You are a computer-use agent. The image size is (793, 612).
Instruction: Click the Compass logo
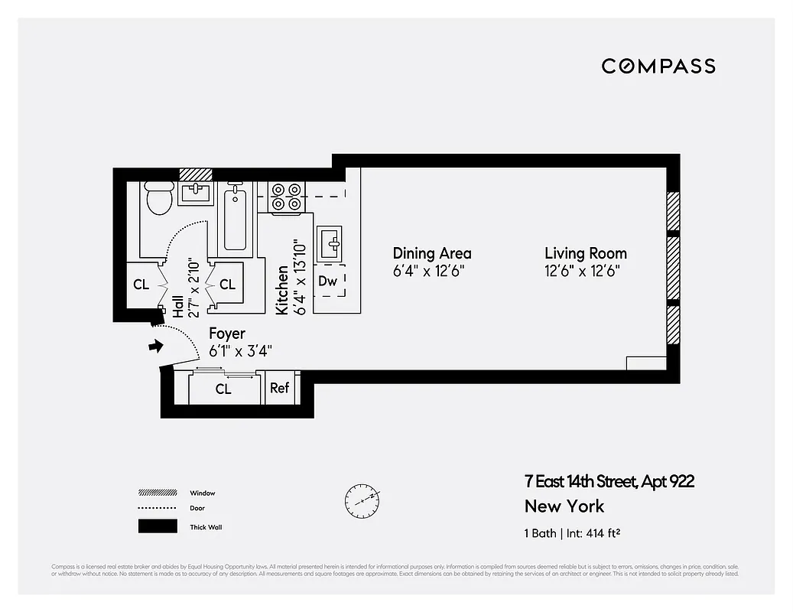click(x=658, y=66)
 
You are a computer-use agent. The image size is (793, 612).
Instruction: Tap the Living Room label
click(x=585, y=253)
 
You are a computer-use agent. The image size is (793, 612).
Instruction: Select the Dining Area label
click(x=431, y=253)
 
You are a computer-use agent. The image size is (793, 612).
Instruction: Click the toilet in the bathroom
click(x=159, y=199)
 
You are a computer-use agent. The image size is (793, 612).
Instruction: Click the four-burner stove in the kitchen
click(x=286, y=197)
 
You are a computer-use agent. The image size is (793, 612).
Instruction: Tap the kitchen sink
click(x=332, y=244)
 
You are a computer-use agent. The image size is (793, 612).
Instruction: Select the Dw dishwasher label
click(x=327, y=282)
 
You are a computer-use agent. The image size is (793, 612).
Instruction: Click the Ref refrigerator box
click(x=279, y=388)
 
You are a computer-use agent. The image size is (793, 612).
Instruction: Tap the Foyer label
click(x=227, y=334)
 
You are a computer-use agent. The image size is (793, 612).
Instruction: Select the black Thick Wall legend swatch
click(x=157, y=526)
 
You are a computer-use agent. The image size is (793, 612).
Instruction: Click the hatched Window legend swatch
click(x=157, y=493)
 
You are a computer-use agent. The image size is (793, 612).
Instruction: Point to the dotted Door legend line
click(x=157, y=508)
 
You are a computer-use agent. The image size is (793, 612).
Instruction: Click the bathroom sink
click(x=197, y=194)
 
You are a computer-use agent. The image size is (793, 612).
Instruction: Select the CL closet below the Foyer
click(x=223, y=389)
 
